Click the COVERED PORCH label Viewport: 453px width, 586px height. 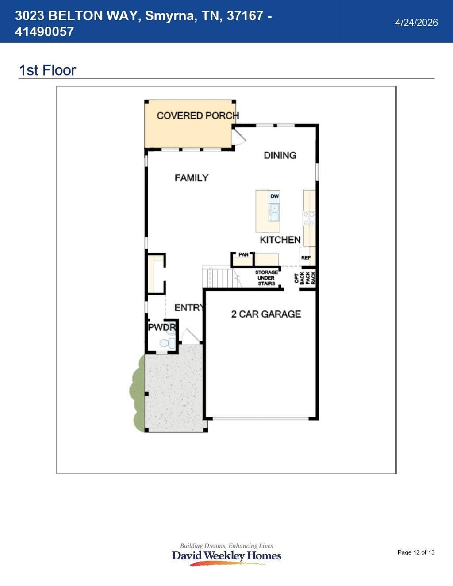click(x=198, y=116)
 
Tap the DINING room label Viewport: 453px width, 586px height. click(x=280, y=155)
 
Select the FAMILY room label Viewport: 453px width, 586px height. click(x=192, y=178)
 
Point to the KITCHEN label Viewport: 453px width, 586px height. click(x=280, y=240)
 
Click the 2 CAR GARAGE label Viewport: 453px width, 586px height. click(x=266, y=314)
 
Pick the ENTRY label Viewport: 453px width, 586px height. click(x=189, y=307)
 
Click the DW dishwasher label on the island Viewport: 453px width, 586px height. click(x=274, y=196)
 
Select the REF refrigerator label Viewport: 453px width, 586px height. click(x=306, y=257)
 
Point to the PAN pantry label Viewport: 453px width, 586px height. click(x=243, y=254)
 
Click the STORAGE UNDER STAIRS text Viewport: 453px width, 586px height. click(x=266, y=278)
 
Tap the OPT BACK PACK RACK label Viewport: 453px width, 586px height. click(x=305, y=278)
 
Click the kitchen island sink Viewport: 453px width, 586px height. click(x=274, y=213)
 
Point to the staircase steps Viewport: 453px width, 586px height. click(x=221, y=277)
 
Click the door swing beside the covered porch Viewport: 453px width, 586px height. click(x=239, y=136)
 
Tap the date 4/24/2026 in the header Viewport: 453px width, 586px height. click(x=416, y=23)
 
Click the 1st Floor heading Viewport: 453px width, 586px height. click(x=47, y=70)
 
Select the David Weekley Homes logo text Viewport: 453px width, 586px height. click(x=226, y=555)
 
